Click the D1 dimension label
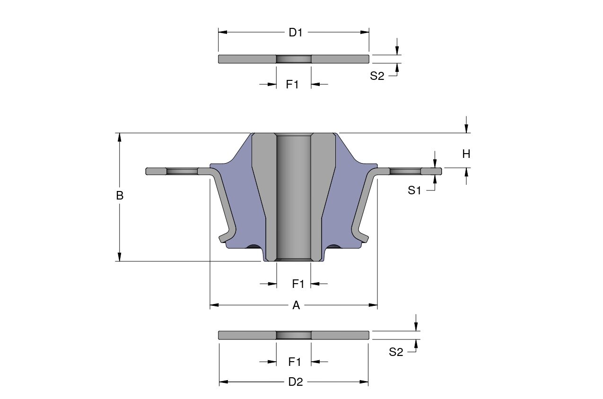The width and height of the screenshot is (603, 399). (295, 33)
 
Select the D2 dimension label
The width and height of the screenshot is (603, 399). (295, 382)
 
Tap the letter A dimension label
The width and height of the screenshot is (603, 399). (296, 305)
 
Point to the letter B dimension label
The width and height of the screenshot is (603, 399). (120, 196)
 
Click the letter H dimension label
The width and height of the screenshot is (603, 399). (466, 154)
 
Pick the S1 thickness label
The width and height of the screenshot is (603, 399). (414, 191)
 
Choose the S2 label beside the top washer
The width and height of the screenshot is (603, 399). (377, 76)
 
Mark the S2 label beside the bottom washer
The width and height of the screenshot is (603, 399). (396, 352)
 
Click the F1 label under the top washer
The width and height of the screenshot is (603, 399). (293, 85)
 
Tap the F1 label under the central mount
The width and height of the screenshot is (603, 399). (298, 284)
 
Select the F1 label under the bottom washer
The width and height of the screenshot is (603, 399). (295, 362)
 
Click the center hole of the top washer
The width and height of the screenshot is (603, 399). (293, 59)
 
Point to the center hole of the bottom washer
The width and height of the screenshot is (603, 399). (293, 335)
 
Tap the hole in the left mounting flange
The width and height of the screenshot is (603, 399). (181, 171)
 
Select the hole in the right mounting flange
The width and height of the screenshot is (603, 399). (405, 171)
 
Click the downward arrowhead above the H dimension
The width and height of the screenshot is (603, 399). (466, 129)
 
